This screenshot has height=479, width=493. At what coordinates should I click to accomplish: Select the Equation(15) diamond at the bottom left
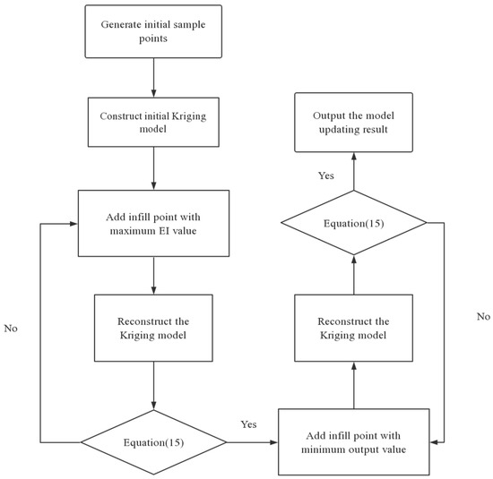tap(155, 441)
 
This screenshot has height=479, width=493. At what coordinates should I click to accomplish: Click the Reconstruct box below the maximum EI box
tap(155, 329)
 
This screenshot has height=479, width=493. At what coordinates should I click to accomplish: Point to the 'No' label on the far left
tap(11, 329)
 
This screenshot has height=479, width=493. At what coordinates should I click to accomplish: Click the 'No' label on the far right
tap(484, 316)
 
